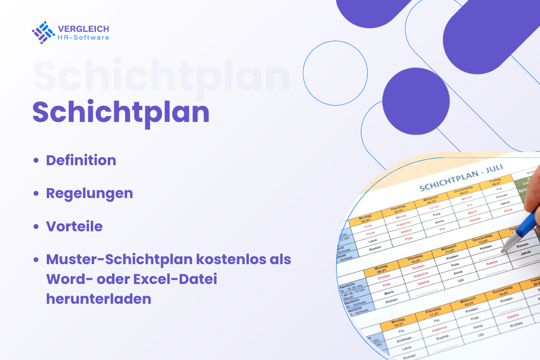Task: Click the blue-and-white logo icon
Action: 43,32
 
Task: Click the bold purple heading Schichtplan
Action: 121,112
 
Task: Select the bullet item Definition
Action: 81,160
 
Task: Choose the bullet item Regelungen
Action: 90,193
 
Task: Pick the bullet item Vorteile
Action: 74,226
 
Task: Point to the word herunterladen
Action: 99,299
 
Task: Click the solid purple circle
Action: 416,101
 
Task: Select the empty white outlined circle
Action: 335,73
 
